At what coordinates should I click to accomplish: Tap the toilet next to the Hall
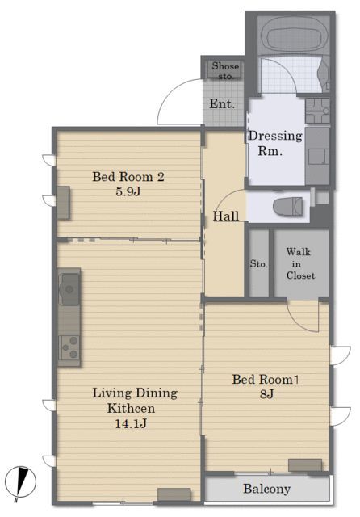(287, 207)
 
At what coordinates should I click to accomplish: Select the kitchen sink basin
(69, 289)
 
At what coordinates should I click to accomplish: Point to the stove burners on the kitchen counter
(69, 347)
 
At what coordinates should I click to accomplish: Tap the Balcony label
(266, 489)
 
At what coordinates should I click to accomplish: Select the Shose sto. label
(225, 70)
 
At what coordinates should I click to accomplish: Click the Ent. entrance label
(222, 104)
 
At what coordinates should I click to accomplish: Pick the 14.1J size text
(131, 423)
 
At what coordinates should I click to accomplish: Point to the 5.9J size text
(128, 191)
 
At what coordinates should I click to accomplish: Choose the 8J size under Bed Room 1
(266, 393)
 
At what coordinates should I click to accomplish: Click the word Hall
(226, 216)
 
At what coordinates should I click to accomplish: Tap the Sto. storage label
(258, 264)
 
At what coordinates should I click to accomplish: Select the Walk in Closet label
(299, 264)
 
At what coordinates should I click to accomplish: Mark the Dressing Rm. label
(275, 144)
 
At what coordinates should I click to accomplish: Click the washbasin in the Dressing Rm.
(317, 111)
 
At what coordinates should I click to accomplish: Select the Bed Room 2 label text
(128, 177)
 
